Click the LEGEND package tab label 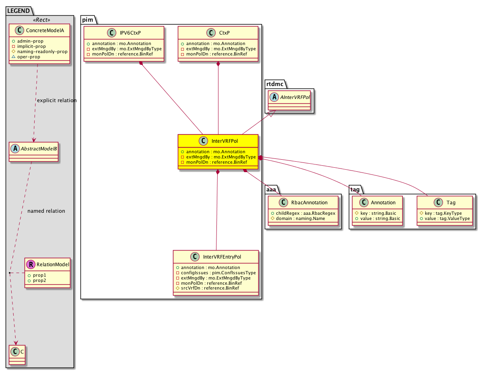point(18,11)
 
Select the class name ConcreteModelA point(45,30)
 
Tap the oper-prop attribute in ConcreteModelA point(29,57)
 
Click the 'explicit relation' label point(57,101)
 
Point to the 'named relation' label point(46,211)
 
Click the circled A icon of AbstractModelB point(15,148)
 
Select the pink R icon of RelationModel point(31,264)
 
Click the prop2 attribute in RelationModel point(39,280)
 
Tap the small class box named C point(17,355)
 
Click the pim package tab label point(88,20)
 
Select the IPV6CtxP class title point(130,33)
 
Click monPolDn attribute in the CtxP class point(216,54)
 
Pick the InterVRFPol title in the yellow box point(224,141)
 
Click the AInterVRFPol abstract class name point(295,97)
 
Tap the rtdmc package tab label point(275,84)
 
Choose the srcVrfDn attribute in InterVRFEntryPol point(210,288)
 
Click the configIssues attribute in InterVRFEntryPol point(218,273)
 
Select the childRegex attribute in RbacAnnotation point(306,213)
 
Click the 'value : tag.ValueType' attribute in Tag point(447,218)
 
